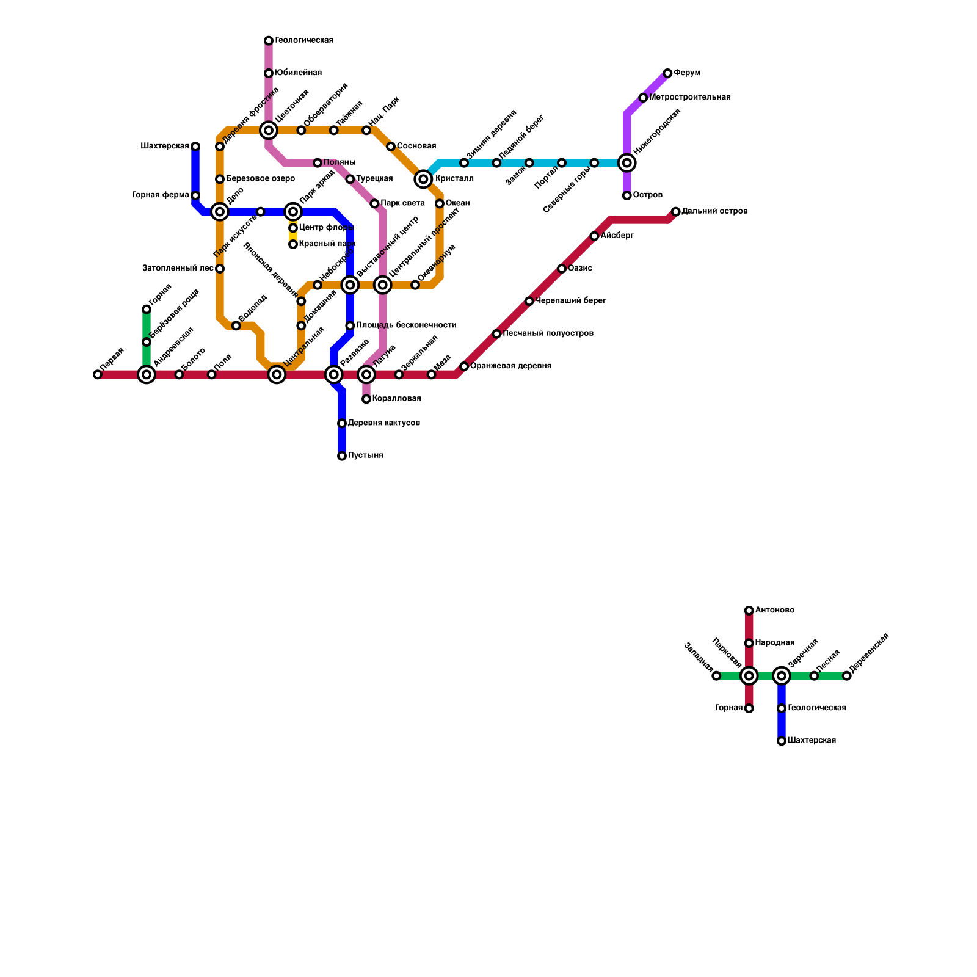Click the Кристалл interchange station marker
(423, 179)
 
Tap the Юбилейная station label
(298, 73)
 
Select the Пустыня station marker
(342, 456)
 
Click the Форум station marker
(667, 73)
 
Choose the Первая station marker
(98, 374)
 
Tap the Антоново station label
(774, 611)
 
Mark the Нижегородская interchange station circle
(627, 162)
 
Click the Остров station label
(647, 195)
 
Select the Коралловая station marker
(366, 399)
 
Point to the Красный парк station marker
(293, 244)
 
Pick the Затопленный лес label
(178, 268)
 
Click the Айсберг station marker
(594, 236)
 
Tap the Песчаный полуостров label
(548, 333)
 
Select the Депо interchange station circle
(220, 212)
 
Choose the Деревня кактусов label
(383, 423)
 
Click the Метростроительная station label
(690, 98)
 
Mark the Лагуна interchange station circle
(366, 374)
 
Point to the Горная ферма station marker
(195, 195)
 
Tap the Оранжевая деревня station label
(510, 366)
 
